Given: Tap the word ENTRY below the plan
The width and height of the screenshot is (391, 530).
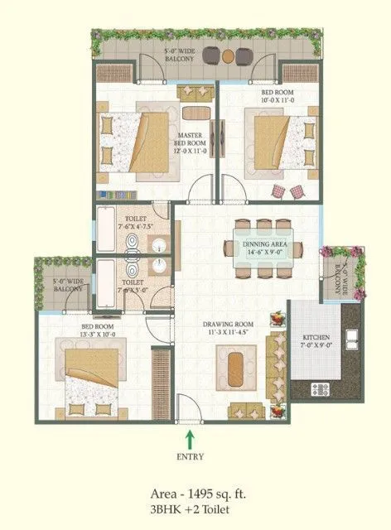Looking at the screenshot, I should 191,455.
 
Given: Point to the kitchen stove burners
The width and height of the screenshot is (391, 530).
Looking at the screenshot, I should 321,388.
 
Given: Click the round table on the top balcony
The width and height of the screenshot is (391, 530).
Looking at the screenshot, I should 227,55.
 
